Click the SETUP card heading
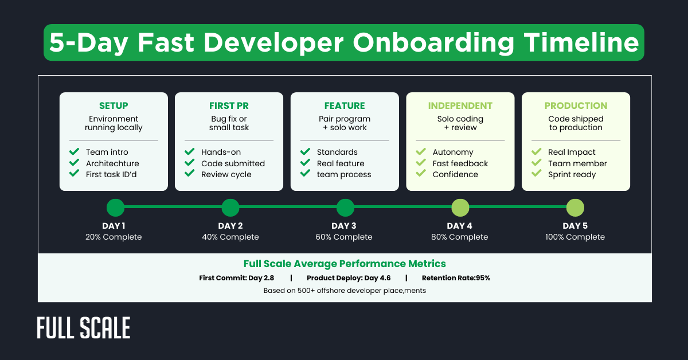[x=114, y=105]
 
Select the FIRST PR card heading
[x=229, y=105]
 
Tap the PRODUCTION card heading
[x=576, y=105]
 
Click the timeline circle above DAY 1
[x=115, y=208]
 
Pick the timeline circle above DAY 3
[x=345, y=208]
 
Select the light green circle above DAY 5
[x=575, y=208]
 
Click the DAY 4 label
[x=459, y=226]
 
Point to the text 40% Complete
[x=230, y=237]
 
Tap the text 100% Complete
[x=575, y=237]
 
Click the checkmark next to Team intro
[x=74, y=152]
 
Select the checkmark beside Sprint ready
[x=536, y=174]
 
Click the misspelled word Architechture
[x=112, y=163]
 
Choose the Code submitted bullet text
[x=233, y=163]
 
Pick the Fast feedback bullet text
[x=460, y=163]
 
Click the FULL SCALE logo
[x=84, y=328]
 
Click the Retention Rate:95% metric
[x=456, y=278]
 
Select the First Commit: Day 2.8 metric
[x=236, y=278]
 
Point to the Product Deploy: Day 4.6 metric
[x=349, y=278]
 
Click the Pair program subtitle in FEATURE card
[x=344, y=119]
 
